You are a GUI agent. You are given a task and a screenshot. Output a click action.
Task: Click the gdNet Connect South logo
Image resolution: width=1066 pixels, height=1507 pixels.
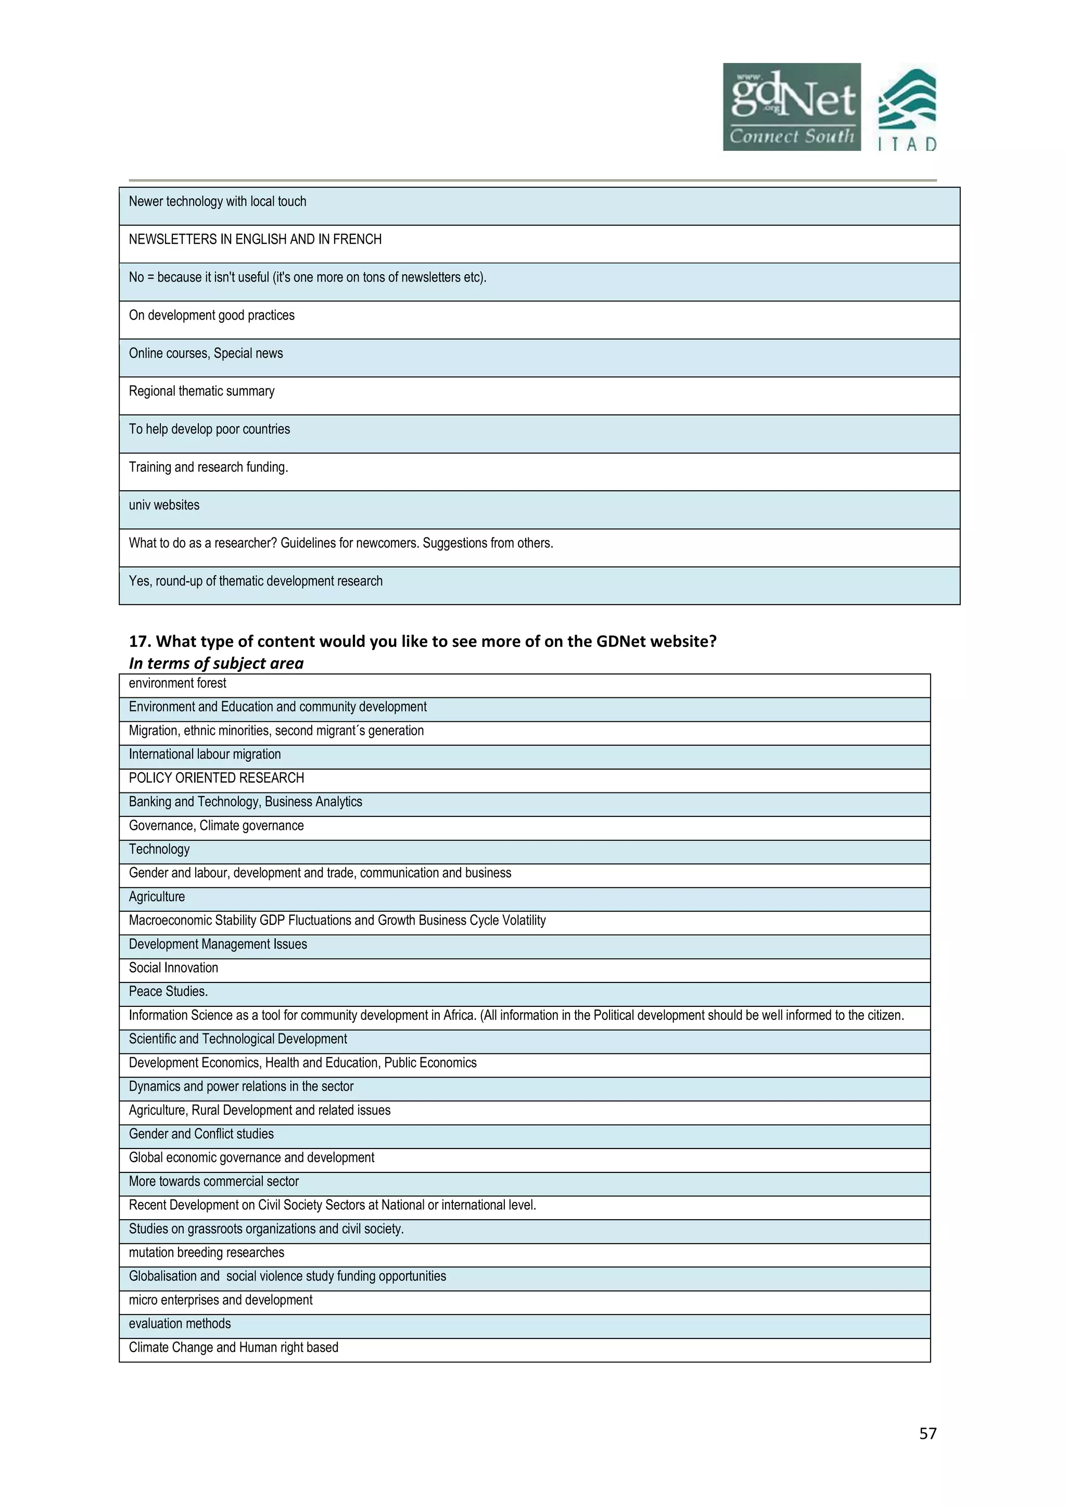791,107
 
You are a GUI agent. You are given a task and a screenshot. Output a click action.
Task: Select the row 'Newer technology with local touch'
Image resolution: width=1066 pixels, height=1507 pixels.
217,201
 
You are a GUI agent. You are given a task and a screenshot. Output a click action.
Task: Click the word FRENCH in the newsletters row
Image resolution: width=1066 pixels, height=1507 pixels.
357,239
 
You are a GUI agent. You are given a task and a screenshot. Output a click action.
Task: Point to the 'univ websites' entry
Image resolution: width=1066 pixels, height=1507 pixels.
164,505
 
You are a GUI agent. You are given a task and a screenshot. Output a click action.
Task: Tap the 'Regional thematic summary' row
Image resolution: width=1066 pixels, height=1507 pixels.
201,391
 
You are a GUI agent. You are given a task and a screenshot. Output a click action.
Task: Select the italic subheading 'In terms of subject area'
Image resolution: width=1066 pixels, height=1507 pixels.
216,663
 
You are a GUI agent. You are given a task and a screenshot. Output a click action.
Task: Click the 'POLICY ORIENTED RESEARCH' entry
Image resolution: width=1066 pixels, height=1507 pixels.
216,778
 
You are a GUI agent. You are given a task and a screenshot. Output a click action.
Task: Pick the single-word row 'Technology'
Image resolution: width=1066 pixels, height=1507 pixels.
159,849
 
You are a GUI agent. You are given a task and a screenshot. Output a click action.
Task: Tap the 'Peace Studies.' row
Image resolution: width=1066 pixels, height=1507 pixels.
168,991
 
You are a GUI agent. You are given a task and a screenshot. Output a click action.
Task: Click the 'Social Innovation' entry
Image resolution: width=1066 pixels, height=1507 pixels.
173,967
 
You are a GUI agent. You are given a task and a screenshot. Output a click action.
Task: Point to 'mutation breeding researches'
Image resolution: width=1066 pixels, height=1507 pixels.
206,1253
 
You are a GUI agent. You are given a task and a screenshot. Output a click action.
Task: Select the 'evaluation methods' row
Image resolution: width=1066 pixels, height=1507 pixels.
180,1323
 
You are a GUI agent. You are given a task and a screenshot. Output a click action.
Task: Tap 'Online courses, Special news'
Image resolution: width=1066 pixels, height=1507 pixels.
206,353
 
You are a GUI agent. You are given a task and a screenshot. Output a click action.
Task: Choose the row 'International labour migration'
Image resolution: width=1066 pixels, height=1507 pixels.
204,754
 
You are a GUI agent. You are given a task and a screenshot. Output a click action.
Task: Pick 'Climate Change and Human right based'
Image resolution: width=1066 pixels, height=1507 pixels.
233,1347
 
